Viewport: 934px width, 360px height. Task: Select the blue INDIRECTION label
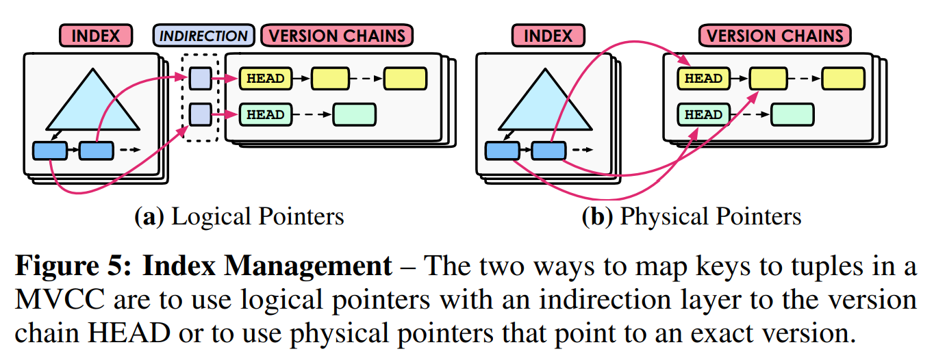[x=203, y=36]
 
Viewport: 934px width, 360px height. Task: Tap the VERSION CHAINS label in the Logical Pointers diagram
[x=338, y=36]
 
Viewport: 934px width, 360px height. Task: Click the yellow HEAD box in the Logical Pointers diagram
[x=266, y=79]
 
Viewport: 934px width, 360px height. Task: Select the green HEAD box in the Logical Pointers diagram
[x=266, y=114]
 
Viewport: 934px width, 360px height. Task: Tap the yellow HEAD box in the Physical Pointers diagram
[x=703, y=79]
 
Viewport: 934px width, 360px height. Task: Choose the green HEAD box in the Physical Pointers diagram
[x=703, y=114]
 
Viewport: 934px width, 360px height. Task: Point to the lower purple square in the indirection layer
[x=199, y=114]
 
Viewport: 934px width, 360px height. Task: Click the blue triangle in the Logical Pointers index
[x=92, y=103]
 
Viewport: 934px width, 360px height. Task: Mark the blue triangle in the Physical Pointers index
[x=545, y=103]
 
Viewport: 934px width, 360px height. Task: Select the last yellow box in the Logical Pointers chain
[x=405, y=79]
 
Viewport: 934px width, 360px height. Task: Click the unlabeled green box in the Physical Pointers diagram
[x=792, y=114]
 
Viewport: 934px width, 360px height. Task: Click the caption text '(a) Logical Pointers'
[x=239, y=217]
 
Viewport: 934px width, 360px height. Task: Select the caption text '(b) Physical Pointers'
[x=691, y=217]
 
